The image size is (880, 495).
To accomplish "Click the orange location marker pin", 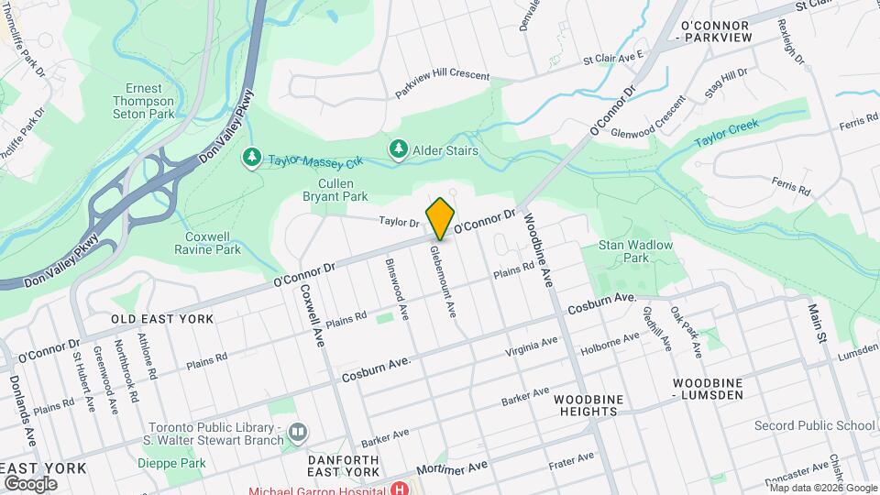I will (441, 217).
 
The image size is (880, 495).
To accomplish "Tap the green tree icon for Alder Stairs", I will (398, 148).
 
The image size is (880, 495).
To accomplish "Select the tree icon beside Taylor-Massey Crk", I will (251, 158).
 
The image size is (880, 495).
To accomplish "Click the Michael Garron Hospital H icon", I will (400, 489).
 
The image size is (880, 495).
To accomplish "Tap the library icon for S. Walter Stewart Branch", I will (298, 431).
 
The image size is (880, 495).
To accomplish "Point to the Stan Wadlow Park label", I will (635, 252).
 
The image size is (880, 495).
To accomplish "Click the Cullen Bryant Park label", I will (335, 190).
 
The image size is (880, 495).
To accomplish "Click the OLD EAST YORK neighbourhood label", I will (162, 319).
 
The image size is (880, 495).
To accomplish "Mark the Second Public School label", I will (814, 425).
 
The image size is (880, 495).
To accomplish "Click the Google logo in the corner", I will (30, 483).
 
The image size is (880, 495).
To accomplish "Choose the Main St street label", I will (817, 326).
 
